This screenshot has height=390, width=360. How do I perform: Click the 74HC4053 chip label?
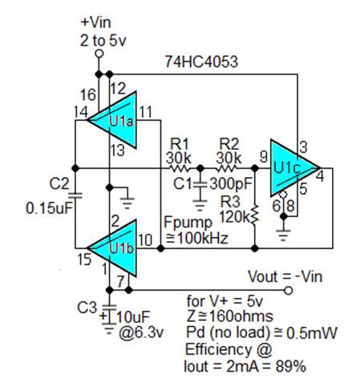201,62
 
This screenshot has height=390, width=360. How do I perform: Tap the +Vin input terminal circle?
99,54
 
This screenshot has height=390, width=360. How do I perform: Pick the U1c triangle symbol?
294,168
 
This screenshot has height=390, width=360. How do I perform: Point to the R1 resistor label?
180,144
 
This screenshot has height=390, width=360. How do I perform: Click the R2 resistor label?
229,144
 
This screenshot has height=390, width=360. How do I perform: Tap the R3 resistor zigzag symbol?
255,214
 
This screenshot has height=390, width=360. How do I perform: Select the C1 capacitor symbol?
200,184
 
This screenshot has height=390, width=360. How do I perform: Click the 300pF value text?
231,183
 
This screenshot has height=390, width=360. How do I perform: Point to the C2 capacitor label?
59,183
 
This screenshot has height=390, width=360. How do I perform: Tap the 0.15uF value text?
49,208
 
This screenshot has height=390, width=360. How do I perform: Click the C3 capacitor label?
87,308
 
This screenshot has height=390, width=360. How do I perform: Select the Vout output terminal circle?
288,290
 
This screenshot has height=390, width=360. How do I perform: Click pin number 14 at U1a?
81,112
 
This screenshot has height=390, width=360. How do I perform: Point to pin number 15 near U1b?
84,259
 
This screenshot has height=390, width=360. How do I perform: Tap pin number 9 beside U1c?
264,157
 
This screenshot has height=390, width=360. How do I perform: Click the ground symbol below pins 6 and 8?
283,235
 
